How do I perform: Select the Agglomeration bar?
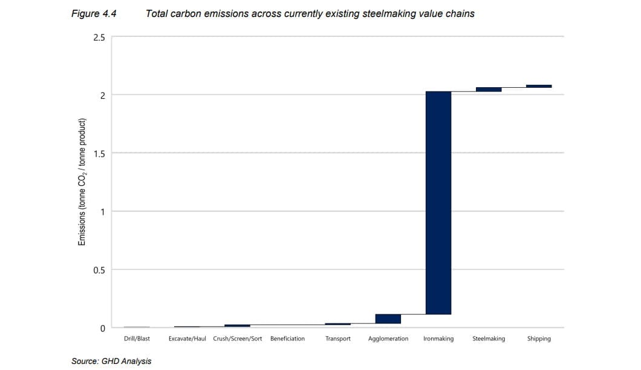pyautogui.click(x=388, y=319)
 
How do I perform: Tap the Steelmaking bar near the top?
pyautogui.click(x=489, y=90)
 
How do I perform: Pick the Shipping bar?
pyautogui.click(x=539, y=86)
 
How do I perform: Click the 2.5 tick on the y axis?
pyautogui.click(x=99, y=38)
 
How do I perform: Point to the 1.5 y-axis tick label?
pyautogui.click(x=99, y=154)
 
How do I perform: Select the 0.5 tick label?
pyautogui.click(x=99, y=270)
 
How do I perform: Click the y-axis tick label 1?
pyautogui.click(x=102, y=212)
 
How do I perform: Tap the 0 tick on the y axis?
pyautogui.click(x=102, y=328)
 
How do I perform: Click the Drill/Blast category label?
pyautogui.click(x=137, y=339)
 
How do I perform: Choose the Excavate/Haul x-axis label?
pyautogui.click(x=187, y=339)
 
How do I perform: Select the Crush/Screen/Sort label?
pyautogui.click(x=238, y=339)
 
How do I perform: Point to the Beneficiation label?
pyautogui.click(x=287, y=339)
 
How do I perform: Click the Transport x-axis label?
pyautogui.click(x=338, y=339)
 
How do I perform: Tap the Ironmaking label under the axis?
pyautogui.click(x=438, y=339)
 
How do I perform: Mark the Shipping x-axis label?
pyautogui.click(x=539, y=339)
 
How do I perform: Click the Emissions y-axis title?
pyautogui.click(x=82, y=182)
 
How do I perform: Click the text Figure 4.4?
pyautogui.click(x=94, y=13)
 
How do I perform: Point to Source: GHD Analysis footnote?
pyautogui.click(x=111, y=361)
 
